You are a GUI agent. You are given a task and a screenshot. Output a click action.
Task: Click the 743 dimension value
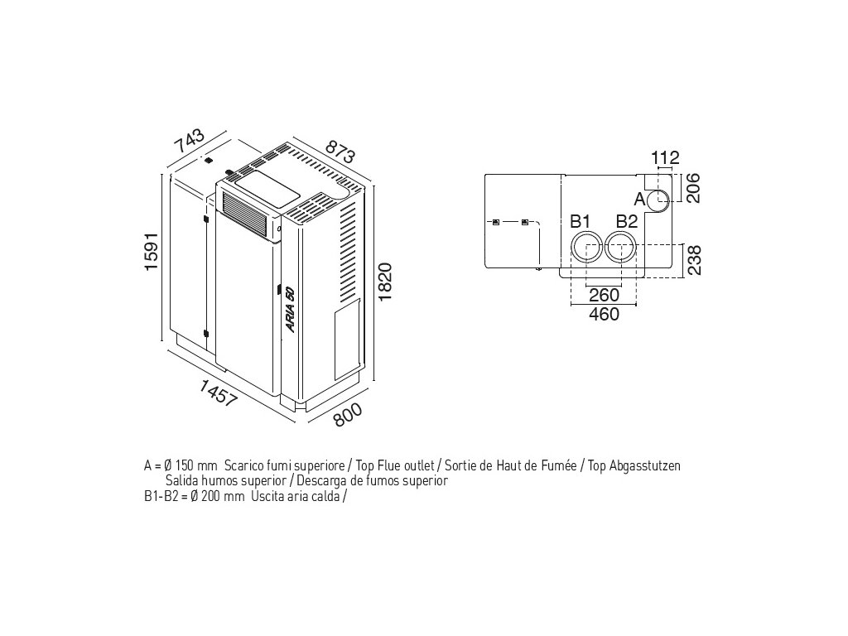(188, 142)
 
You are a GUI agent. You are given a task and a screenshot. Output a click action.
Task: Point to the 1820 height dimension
(386, 283)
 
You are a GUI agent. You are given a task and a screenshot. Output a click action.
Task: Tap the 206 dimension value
(693, 189)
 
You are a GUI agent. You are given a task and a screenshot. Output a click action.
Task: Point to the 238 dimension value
(693, 260)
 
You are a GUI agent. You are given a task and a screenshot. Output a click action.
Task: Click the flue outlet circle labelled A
(660, 200)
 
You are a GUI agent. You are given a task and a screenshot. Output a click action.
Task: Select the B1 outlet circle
(585, 248)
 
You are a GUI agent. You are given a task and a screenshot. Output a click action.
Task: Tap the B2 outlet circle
(621, 248)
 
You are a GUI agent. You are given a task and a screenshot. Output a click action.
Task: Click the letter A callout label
(639, 200)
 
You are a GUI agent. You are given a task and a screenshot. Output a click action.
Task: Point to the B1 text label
(580, 222)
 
